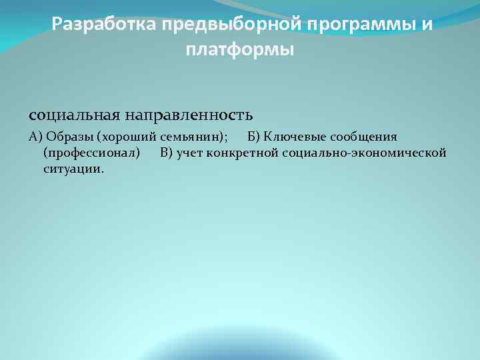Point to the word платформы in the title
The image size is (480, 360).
point(240,50)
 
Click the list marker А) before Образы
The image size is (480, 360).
point(36,137)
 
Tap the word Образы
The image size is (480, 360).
point(70,137)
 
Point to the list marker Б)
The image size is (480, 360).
point(254,137)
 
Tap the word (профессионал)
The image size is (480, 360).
point(91,153)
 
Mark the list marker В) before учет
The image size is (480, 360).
point(167,153)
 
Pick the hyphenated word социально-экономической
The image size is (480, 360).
point(364,153)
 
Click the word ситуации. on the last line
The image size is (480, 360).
point(73,169)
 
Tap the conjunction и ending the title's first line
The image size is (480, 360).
point(427,25)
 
